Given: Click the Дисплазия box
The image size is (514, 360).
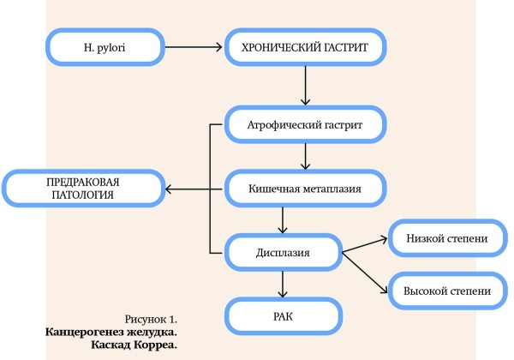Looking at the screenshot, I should click(x=283, y=252).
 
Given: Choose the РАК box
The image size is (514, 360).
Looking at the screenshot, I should click(x=283, y=316).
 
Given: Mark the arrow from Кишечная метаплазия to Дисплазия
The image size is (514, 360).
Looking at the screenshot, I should click(x=283, y=220).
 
